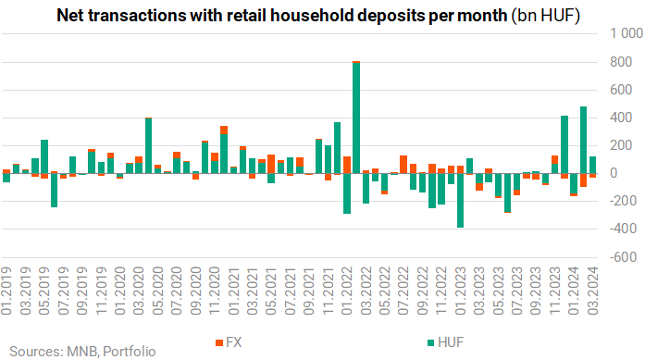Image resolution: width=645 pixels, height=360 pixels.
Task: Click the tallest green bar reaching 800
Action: pyautogui.click(x=356, y=118)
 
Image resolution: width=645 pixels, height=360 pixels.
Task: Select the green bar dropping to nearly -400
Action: pyautogui.click(x=460, y=201)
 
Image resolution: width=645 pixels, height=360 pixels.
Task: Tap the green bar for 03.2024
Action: pyautogui.click(x=593, y=165)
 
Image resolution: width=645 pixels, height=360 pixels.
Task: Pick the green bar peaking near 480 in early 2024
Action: pyautogui.click(x=583, y=140)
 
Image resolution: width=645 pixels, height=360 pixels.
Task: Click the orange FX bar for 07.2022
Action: pyautogui.click(x=403, y=165)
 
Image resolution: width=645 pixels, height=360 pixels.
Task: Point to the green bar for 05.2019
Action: pyautogui.click(x=44, y=156)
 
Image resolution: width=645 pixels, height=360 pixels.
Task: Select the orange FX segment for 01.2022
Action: pyautogui.click(x=347, y=165)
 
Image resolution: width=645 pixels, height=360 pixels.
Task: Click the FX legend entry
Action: pyautogui.click(x=229, y=342)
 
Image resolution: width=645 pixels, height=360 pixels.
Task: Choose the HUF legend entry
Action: pyautogui.click(x=446, y=342)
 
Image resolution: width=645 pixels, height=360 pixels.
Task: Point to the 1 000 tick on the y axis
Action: pyautogui.click(x=626, y=33)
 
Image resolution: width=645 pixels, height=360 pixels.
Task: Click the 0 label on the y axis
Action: pyautogui.click(x=614, y=173)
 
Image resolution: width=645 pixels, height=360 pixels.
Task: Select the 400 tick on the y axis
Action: pyautogui.click(x=621, y=118)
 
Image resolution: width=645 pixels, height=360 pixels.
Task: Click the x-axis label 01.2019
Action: pyautogui.click(x=6, y=291)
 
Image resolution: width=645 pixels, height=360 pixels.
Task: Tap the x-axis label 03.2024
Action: pyautogui.click(x=593, y=291)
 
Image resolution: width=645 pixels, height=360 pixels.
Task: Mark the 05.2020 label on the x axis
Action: pyautogui.click(x=157, y=291)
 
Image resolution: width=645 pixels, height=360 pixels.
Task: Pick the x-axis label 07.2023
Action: pyautogui.click(x=517, y=291)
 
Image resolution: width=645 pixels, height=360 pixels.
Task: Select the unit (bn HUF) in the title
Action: pyautogui.click(x=546, y=16)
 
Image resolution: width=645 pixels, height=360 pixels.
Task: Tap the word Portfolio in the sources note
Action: pyautogui.click(x=130, y=352)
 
